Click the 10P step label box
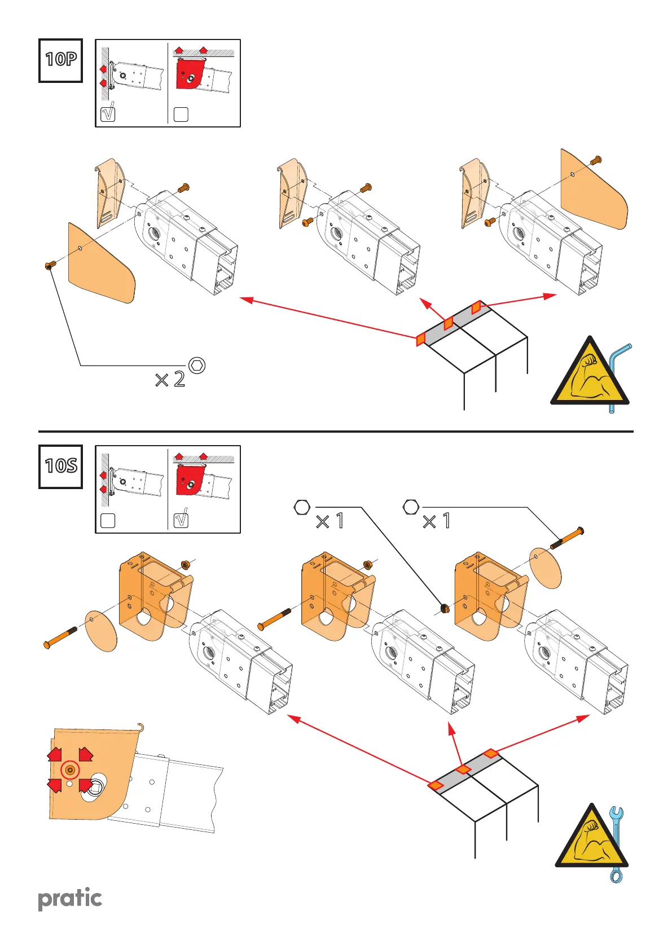pos(60,60)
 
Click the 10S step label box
pos(60,467)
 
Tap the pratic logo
pos(70,899)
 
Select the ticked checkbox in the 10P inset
pos(107,113)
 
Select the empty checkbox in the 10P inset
pos(181,114)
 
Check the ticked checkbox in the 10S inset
pos(181,520)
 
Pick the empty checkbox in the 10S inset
pos(107,520)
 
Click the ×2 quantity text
pos(170,379)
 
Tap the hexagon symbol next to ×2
pos(197,365)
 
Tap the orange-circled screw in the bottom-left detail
pos(70,769)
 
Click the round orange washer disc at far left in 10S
pos(101,630)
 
